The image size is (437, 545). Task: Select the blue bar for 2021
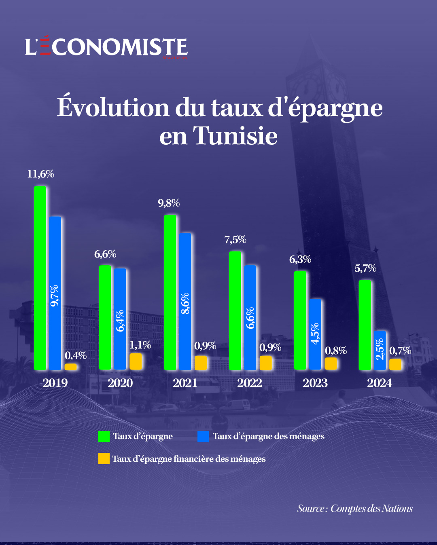point(185,301)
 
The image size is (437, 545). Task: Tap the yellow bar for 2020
point(136,361)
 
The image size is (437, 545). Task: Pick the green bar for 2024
point(365,325)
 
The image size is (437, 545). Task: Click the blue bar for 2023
point(315,334)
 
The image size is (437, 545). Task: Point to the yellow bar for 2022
point(266,363)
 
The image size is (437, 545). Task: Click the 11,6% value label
point(40,174)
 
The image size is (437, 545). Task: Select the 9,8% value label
point(169,203)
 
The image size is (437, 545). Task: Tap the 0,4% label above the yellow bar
point(76,355)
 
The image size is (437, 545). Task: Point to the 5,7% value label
point(365,268)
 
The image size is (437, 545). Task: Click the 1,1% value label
point(140,345)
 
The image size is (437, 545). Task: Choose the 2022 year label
point(250,383)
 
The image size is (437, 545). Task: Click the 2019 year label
point(55,383)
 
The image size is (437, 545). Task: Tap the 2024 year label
point(380,383)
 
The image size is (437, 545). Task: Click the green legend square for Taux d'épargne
point(104,437)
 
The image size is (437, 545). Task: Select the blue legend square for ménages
point(203,437)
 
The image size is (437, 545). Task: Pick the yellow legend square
point(104,459)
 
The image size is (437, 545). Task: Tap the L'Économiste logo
point(106,47)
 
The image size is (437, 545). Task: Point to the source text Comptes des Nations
point(371,509)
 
